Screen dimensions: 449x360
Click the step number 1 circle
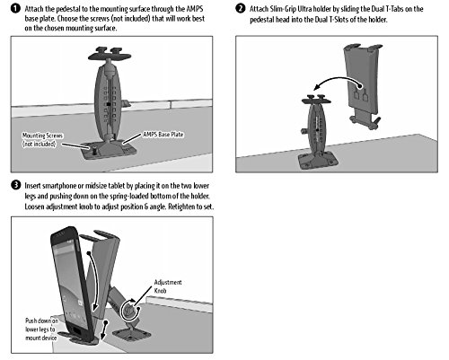point(15,9)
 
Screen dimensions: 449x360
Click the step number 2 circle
point(241,8)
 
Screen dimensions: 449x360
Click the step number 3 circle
point(15,185)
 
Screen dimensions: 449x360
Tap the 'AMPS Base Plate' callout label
point(163,135)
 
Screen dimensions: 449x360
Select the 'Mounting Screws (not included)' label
point(42,140)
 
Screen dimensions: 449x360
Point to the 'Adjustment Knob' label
point(168,286)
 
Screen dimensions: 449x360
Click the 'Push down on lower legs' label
point(41,329)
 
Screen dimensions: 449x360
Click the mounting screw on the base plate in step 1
point(94,150)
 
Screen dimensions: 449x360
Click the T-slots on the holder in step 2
point(361,96)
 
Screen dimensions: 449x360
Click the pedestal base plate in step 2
point(318,162)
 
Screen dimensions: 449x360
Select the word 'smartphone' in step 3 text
point(59,186)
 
